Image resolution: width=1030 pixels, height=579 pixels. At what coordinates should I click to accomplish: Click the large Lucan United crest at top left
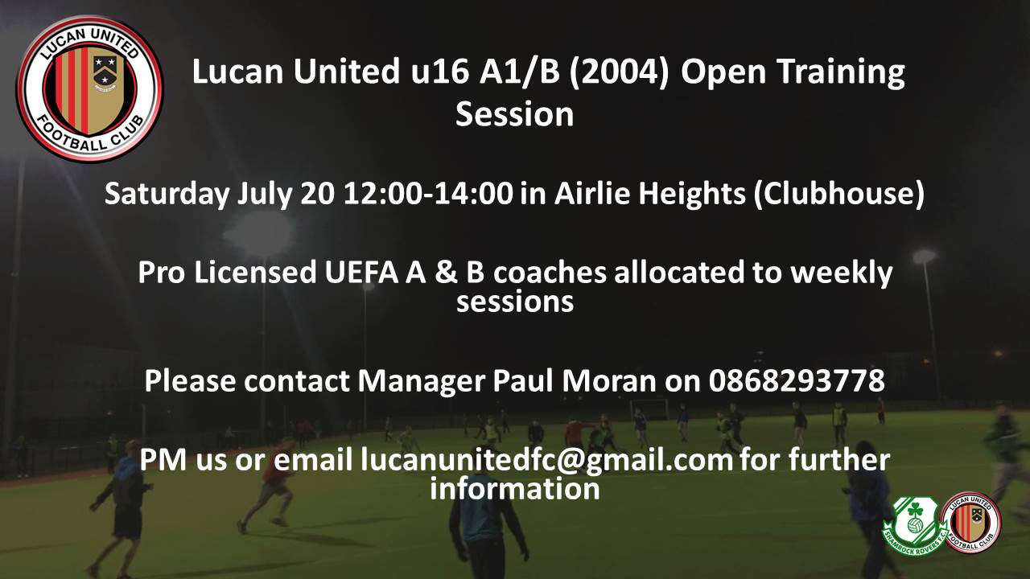coord(89,88)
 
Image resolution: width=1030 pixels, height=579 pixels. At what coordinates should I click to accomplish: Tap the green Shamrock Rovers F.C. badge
coord(915,526)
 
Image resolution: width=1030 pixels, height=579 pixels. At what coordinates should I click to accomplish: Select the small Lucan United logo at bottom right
coord(971,522)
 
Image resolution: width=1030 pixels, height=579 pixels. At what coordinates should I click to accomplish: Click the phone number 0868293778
coord(797,380)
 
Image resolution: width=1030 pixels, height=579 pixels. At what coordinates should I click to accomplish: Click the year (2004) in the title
coord(619,72)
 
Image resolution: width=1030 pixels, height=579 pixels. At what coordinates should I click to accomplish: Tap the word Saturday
coord(167,194)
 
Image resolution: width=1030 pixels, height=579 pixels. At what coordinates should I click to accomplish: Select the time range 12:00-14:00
coord(427,193)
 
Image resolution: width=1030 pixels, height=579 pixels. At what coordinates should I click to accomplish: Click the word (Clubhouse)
coord(838,194)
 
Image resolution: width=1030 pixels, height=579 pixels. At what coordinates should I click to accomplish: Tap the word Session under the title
coord(514,114)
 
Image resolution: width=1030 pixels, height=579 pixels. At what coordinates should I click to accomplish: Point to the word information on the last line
coord(514,488)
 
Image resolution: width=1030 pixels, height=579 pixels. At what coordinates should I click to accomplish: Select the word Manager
coord(421,382)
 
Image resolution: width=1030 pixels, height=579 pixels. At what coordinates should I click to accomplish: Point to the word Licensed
coord(255,272)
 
